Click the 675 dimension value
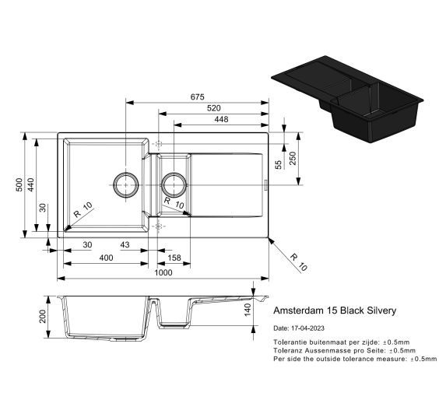[x=198, y=96]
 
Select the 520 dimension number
[x=213, y=108]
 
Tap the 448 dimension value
[x=221, y=119]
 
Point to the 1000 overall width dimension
[x=163, y=272]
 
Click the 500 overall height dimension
[x=19, y=184]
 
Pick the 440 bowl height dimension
[x=30, y=184]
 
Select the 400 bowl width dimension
[x=106, y=258]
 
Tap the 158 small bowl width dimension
[x=174, y=258]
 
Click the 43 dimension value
[x=125, y=245]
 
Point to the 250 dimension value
[x=293, y=159]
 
